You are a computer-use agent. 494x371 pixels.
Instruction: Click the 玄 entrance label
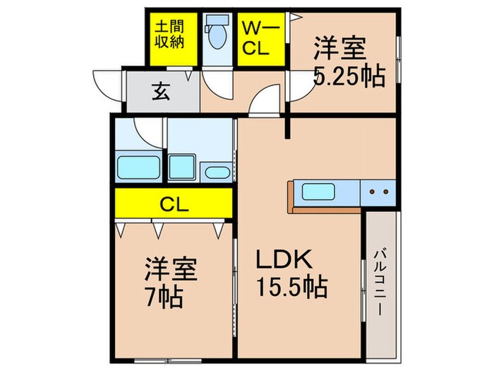click(x=160, y=91)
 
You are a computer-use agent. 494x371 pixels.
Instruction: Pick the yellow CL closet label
click(x=173, y=206)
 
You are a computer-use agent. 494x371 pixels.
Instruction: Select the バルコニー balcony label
click(x=380, y=283)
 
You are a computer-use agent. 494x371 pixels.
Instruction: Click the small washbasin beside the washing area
click(x=215, y=172)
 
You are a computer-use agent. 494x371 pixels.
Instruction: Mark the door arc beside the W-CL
click(x=265, y=102)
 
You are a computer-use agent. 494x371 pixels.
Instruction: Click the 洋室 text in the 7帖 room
click(x=171, y=269)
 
